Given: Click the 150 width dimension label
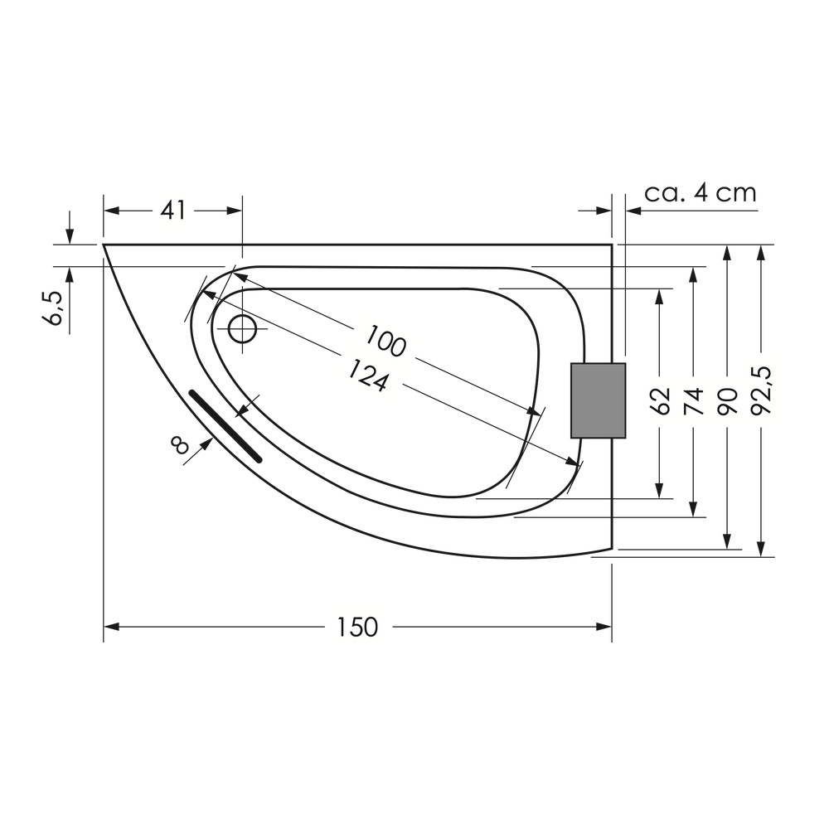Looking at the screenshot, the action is [358, 627].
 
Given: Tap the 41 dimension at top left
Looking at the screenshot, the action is [174, 211].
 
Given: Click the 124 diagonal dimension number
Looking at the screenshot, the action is [368, 376].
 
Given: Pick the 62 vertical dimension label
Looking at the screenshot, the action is [660, 400].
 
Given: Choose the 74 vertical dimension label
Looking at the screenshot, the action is [693, 400].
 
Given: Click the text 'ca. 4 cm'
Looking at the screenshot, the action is [701, 193].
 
